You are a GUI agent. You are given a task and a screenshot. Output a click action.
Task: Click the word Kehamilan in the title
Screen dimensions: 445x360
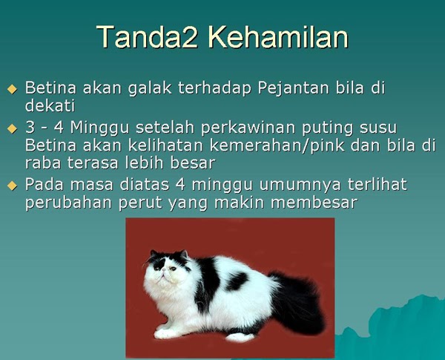click(278, 37)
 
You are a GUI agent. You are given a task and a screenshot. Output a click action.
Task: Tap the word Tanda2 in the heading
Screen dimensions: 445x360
click(147, 37)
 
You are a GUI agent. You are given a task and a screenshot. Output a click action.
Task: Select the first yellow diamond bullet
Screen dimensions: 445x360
click(12, 89)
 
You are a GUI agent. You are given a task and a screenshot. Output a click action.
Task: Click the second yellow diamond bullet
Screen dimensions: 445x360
click(12, 128)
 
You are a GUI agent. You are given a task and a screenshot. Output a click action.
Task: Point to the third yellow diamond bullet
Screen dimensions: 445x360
click(12, 186)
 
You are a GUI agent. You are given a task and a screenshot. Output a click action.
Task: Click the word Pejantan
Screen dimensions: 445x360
click(294, 88)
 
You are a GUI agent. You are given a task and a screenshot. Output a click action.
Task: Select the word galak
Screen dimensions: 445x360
click(150, 88)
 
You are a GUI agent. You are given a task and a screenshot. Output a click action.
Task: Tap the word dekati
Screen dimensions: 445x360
click(50, 105)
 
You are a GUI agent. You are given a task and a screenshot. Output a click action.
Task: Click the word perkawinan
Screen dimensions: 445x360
click(248, 128)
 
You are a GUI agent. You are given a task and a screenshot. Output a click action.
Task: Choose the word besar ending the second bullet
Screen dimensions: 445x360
click(193, 163)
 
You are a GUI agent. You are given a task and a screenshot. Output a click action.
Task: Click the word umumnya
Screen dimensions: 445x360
click(300, 185)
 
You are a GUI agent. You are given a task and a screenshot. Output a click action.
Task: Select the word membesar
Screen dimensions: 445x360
click(314, 203)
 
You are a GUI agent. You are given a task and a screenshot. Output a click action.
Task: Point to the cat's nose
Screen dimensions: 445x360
click(163, 274)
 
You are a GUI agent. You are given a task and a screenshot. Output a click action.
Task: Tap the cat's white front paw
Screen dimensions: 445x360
click(165, 333)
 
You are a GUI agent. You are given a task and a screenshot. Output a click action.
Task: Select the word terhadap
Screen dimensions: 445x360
click(214, 88)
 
